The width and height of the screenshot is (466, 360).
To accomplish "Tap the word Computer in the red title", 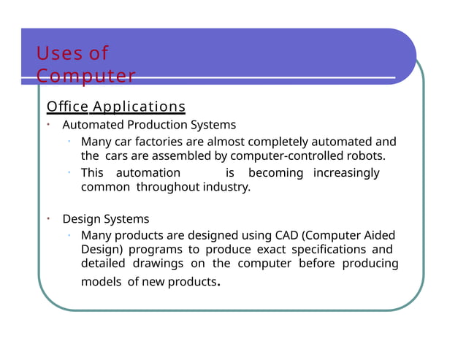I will click(86, 76).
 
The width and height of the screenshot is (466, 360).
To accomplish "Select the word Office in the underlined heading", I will click(67, 107).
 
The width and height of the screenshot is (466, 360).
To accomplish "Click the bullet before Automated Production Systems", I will click(47, 125).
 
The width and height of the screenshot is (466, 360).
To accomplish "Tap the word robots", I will click(367, 156).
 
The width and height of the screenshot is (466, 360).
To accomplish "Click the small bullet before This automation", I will click(67, 172).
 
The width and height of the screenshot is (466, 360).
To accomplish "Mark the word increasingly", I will click(346, 173).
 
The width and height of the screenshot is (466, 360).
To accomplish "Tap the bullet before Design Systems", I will click(47, 219).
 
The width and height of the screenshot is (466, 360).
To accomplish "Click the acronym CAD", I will click(286, 235).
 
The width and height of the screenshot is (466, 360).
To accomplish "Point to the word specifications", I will click(325, 250).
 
